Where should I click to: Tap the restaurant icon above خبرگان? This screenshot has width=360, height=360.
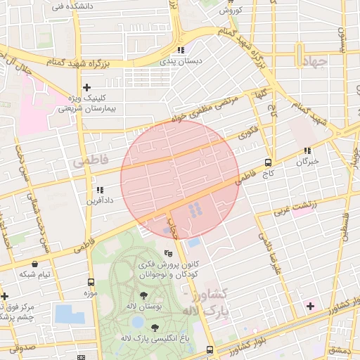[x=307, y=150]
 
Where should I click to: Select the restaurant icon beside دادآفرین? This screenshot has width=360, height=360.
[x=99, y=190]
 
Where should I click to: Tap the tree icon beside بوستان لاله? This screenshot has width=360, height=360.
[x=144, y=295]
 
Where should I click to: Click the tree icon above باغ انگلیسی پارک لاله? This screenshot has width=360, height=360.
[x=155, y=328]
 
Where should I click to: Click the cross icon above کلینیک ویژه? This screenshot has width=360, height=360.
[x=86, y=87]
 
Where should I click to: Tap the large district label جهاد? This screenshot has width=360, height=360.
[x=314, y=62]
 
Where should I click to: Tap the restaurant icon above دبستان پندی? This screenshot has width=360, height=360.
[x=181, y=50]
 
